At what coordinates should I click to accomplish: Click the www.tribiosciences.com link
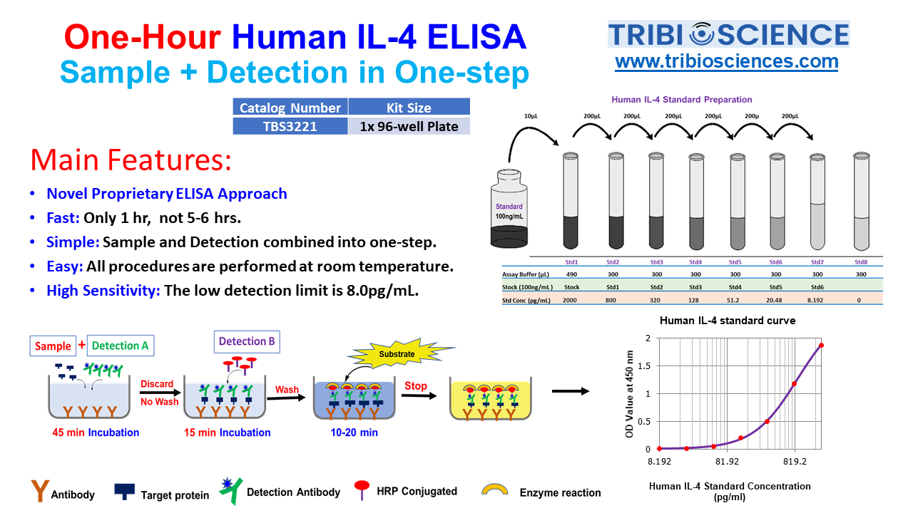(726, 61)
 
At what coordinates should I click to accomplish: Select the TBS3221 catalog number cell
(290, 126)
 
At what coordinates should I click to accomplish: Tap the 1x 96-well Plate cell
(409, 126)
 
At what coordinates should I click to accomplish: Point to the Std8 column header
(861, 261)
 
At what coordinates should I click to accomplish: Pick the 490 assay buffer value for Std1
(571, 274)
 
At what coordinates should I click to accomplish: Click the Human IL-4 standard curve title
(728, 321)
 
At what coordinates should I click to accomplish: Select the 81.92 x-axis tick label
(726, 461)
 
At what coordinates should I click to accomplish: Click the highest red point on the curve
(821, 346)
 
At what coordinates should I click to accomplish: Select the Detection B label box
(247, 341)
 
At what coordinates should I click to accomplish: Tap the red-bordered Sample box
(53, 346)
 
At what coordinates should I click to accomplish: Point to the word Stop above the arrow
(415, 386)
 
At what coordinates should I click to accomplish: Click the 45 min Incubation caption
(96, 432)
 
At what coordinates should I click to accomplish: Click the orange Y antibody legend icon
(40, 490)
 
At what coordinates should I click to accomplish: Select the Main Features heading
(131, 160)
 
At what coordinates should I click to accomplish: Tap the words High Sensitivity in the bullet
(103, 291)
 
